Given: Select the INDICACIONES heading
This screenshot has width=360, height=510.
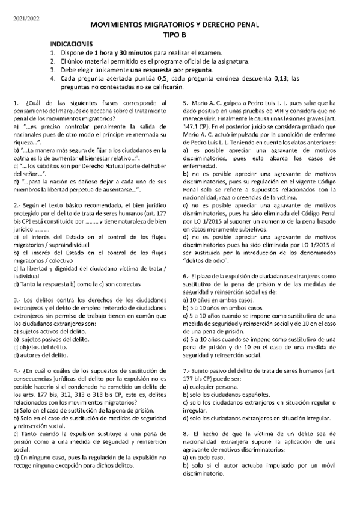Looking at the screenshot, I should [71, 45].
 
